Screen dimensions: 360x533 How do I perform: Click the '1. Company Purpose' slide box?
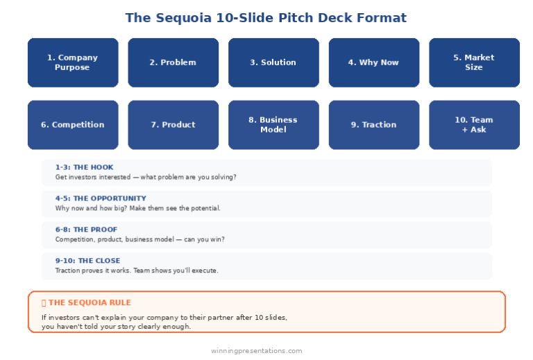coord(72,62)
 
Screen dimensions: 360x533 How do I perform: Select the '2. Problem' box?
coord(173,62)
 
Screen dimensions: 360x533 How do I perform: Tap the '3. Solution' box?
coord(273,62)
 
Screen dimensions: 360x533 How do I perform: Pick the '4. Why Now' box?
coord(373,62)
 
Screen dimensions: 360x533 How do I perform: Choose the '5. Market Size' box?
coord(474,62)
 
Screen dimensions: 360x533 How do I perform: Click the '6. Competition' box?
coord(72,125)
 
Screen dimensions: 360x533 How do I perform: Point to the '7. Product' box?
coord(173,125)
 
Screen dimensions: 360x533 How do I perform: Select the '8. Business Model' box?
coord(273,125)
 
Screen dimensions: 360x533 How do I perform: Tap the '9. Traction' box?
coord(373,125)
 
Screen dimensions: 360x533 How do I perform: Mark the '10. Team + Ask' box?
coord(474,125)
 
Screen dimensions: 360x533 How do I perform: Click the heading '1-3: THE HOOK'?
coord(84,167)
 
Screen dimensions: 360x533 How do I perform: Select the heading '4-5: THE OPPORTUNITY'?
coord(101,198)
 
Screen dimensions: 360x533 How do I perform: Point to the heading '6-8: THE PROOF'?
coord(86,230)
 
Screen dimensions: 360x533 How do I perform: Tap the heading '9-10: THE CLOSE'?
coord(87,261)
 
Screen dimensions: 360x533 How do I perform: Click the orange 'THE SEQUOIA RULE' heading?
coord(89,302)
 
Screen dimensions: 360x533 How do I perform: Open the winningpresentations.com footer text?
coord(257,351)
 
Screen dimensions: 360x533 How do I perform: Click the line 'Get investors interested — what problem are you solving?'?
coord(146,177)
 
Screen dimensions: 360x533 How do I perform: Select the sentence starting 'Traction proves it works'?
coord(137,271)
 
